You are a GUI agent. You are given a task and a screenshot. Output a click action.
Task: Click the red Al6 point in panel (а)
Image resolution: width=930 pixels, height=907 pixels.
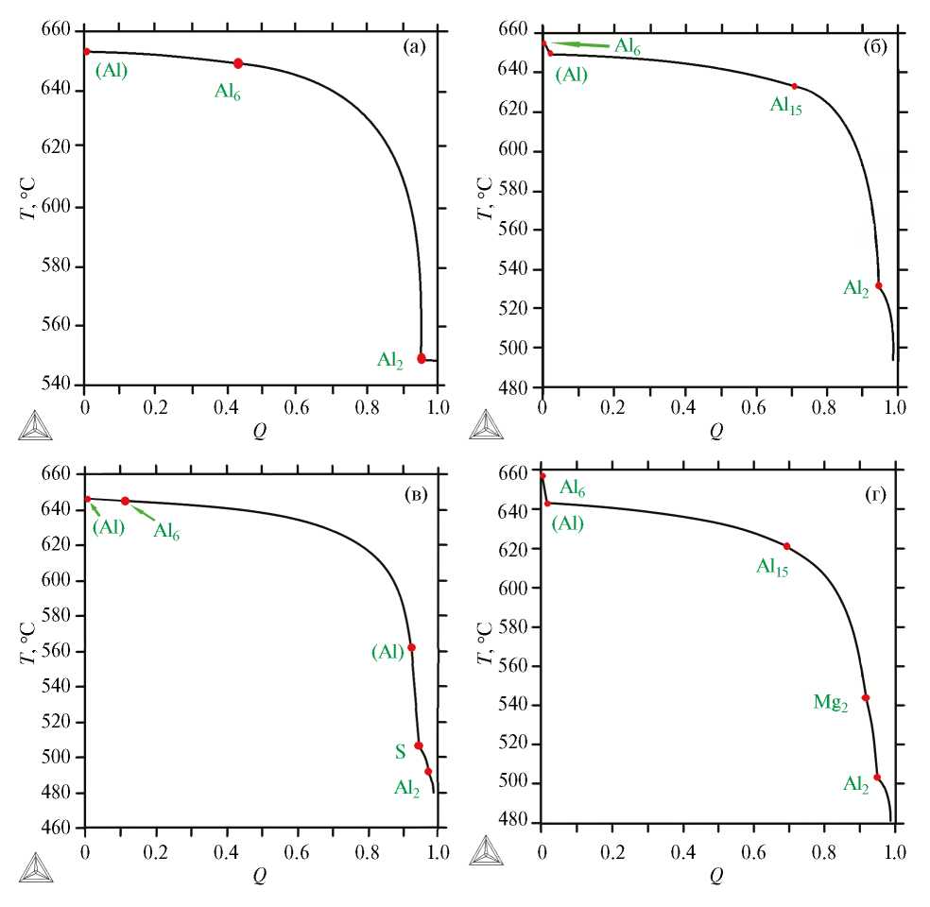pos(238,63)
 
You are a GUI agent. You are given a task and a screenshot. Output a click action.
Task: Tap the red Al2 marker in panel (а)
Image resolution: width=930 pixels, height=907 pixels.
pos(422,358)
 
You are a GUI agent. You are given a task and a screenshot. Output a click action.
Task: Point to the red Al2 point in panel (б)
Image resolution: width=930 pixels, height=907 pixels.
pos(879,285)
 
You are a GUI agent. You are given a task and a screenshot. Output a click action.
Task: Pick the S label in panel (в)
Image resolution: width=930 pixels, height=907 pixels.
pos(401,752)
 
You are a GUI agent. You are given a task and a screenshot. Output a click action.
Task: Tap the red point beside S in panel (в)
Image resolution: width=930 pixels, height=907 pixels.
pos(419,745)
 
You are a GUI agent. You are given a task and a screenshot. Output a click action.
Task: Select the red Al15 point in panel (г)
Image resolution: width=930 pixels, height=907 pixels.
pos(786,546)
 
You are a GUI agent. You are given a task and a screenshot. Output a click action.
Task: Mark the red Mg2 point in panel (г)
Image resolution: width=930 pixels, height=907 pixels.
pos(865,698)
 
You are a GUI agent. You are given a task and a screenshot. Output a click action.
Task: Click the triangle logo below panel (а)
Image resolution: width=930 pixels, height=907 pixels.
pos(35,424)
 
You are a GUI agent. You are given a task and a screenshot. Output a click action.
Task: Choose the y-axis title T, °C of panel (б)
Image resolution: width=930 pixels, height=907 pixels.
pos(484,199)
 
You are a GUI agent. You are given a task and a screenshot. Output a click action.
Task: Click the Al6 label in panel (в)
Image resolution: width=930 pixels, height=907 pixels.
pos(166,531)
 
